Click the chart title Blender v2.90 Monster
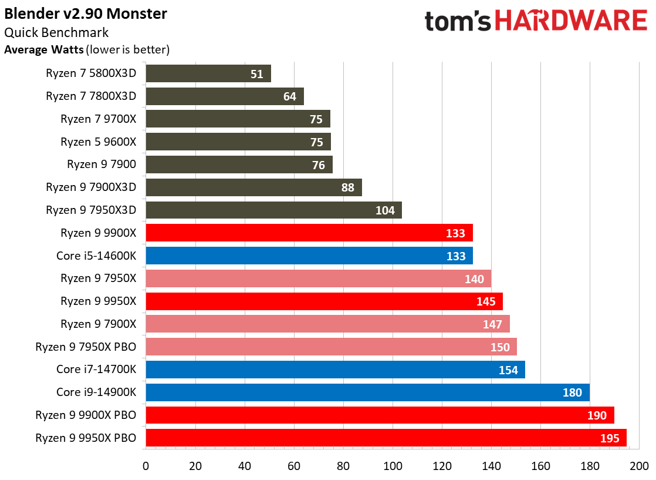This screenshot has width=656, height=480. pyautogui.click(x=86, y=14)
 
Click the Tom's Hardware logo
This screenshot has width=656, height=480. pyautogui.click(x=535, y=21)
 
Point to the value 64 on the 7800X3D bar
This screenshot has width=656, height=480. pyautogui.click(x=289, y=96)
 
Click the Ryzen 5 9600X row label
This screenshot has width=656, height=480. pyautogui.click(x=98, y=142)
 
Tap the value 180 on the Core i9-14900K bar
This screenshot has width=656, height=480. pyautogui.click(x=572, y=392)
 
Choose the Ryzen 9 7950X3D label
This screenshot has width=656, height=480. pyautogui.click(x=91, y=210)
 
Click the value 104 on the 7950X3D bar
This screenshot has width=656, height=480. pyautogui.click(x=385, y=210)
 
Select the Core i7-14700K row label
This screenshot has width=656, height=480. pyautogui.click(x=96, y=370)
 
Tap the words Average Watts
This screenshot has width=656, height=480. pyautogui.click(x=43, y=50)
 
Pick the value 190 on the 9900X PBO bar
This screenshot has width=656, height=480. pyautogui.click(x=597, y=415)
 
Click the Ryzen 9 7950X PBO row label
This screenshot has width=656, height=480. pyautogui.click(x=86, y=347)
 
